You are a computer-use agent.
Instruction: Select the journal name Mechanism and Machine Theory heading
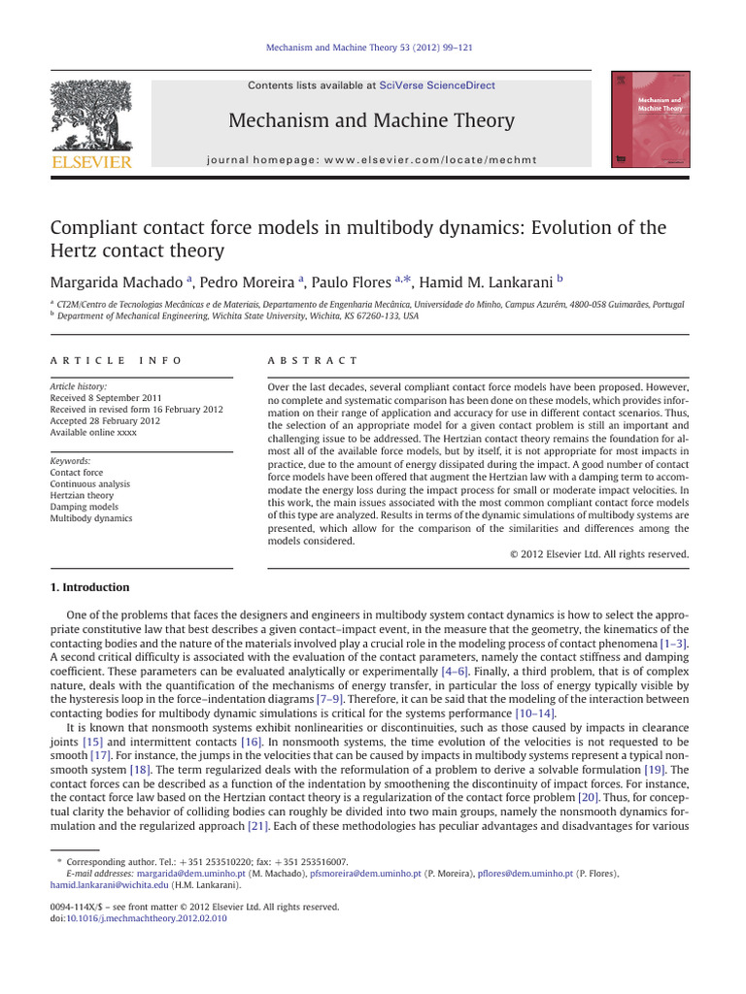point(370,120)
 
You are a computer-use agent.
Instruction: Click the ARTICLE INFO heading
point(116,360)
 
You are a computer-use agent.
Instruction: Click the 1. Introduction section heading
point(89,587)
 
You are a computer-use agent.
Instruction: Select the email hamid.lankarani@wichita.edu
point(110,884)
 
